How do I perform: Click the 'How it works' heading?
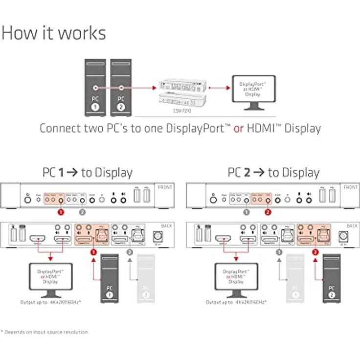point(53,33)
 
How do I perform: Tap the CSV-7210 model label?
point(181,112)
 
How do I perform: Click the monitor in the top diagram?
point(253,91)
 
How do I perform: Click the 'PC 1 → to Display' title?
point(87,172)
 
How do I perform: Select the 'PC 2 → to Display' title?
point(273,172)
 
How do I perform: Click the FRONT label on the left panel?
point(165,187)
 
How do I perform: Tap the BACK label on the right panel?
point(353,225)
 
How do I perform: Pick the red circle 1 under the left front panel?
point(61,213)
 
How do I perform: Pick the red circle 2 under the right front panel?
point(268,213)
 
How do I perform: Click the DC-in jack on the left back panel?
point(157,236)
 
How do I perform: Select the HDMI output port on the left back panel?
point(38,240)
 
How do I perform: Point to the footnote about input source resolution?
point(45,332)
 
